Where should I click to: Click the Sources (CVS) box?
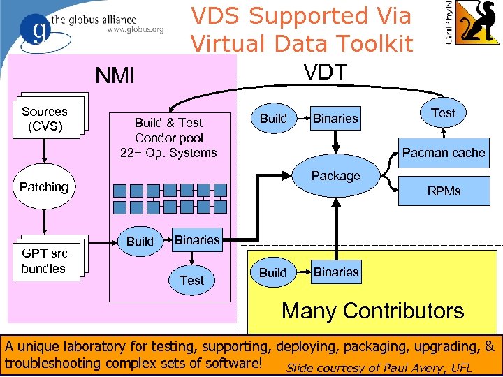tap(44, 119)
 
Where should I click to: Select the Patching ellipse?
tap(44, 187)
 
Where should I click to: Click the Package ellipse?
tap(336, 176)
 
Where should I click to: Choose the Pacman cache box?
tap(443, 153)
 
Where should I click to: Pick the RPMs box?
tap(444, 191)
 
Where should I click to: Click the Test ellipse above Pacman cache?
tap(443, 113)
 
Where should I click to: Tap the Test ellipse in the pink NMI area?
tap(192, 280)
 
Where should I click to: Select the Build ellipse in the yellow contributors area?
tap(273, 272)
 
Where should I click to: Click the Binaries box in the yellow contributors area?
tap(336, 272)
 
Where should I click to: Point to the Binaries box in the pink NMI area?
tap(197, 240)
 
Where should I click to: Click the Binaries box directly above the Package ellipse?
tap(335, 119)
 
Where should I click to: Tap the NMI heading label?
tap(115, 75)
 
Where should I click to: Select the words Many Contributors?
tap(372, 311)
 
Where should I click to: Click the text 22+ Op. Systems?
tap(168, 152)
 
